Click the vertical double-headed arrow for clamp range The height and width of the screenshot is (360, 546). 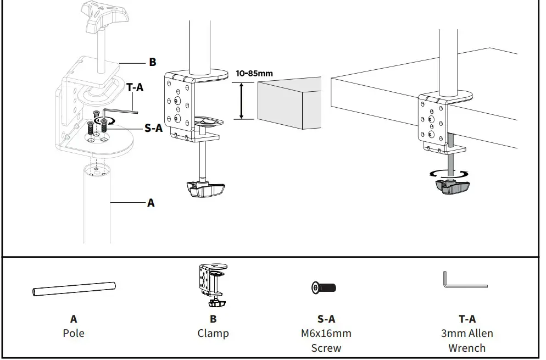pyautogui.click(x=241, y=101)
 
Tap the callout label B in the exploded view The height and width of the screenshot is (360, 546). pyautogui.click(x=153, y=62)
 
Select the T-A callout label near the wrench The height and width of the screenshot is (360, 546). pyautogui.click(x=135, y=87)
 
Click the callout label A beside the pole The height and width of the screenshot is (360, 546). pyautogui.click(x=151, y=203)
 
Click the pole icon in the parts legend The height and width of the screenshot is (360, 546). pyautogui.click(x=74, y=288)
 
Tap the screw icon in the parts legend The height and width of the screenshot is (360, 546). pyautogui.click(x=324, y=287)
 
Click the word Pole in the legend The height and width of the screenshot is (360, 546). pyautogui.click(x=74, y=333)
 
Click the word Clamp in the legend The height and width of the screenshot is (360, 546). pyautogui.click(x=213, y=333)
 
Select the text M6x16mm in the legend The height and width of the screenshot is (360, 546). pyautogui.click(x=326, y=333)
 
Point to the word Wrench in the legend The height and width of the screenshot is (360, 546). pyautogui.click(x=467, y=347)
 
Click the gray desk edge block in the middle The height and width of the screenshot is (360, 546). pyautogui.click(x=288, y=103)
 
